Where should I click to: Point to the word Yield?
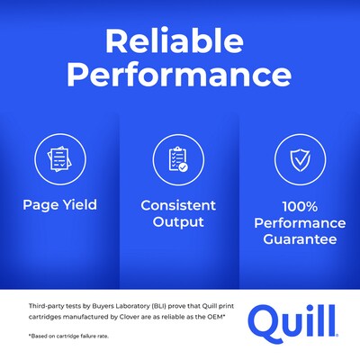[x=78, y=204]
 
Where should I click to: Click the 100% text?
[x=299, y=204]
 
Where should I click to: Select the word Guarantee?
[x=299, y=239]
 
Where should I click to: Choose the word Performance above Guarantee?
[x=299, y=222]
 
